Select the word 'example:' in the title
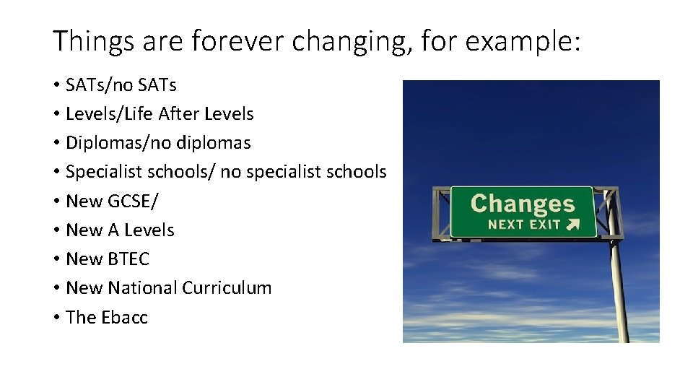tap(523, 43)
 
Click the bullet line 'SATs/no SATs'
tap(121, 85)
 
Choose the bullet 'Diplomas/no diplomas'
tap(158, 143)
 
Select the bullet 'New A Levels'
tap(120, 230)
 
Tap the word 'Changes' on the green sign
tap(523, 204)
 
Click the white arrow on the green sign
tap(573, 224)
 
